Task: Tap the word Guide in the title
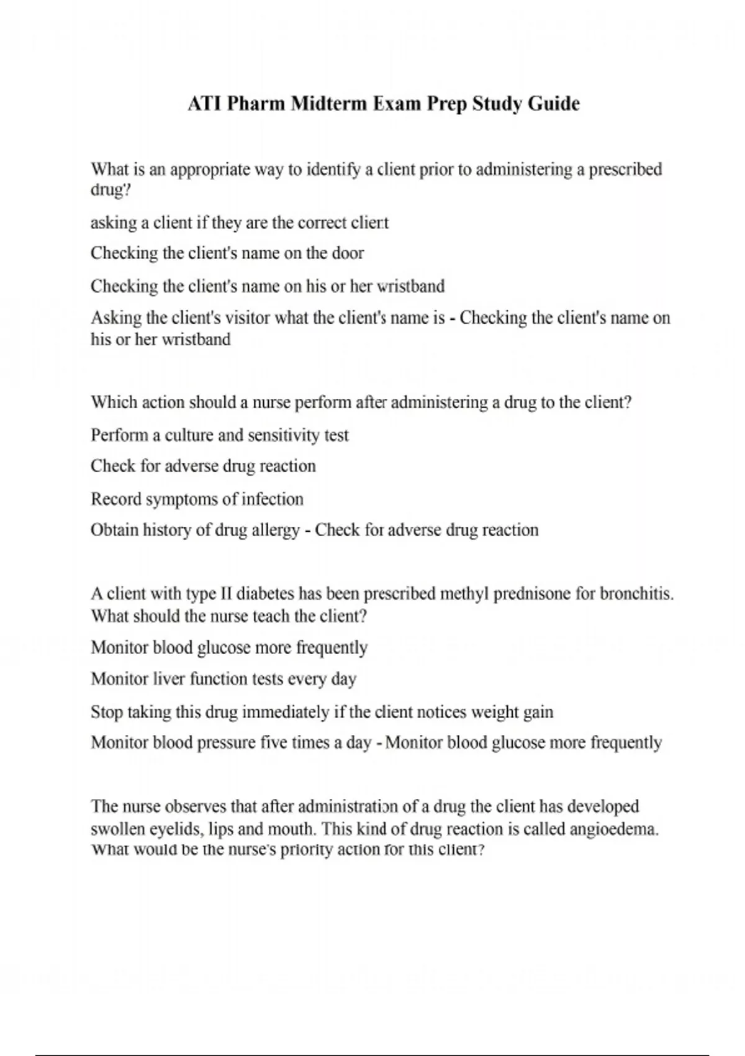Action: click(554, 103)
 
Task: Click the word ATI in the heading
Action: click(202, 103)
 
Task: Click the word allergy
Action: click(274, 530)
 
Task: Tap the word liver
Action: click(169, 679)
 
